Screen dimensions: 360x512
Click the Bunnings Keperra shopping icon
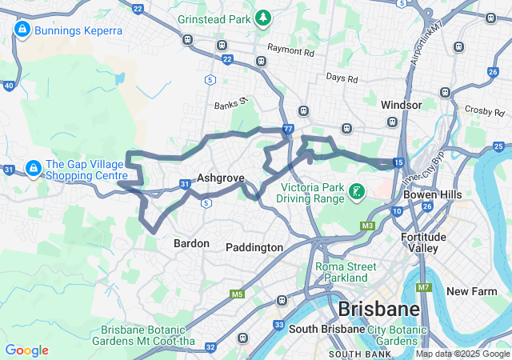[x=22, y=30]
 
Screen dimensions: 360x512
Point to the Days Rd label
[x=342, y=78]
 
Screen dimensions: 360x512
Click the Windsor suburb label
[x=401, y=105]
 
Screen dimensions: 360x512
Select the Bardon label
[x=191, y=243]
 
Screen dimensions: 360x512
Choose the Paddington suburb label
[x=254, y=247]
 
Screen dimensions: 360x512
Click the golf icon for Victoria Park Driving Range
[x=356, y=191]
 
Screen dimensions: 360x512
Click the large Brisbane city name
[x=378, y=310]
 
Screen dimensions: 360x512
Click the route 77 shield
[x=287, y=128]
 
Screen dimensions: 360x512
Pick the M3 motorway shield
[x=366, y=226]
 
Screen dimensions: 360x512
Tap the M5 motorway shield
[x=237, y=294]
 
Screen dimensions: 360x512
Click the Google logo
[x=26, y=350]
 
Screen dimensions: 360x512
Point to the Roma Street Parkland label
[x=342, y=272]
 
